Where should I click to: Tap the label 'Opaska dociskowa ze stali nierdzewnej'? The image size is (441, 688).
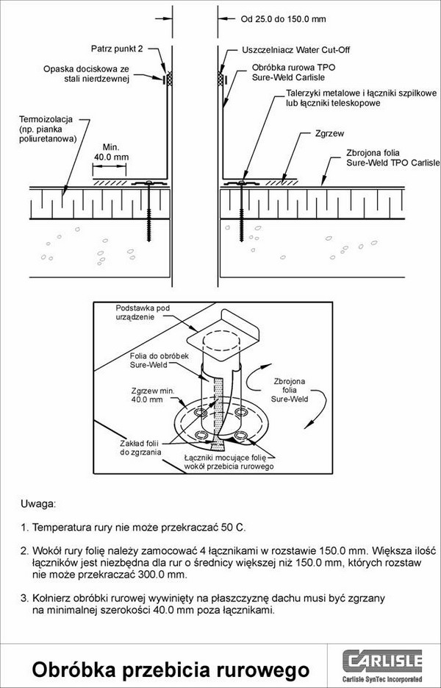pyautogui.click(x=87, y=74)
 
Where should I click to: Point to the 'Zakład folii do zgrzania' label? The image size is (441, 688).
pyautogui.click(x=140, y=447)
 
